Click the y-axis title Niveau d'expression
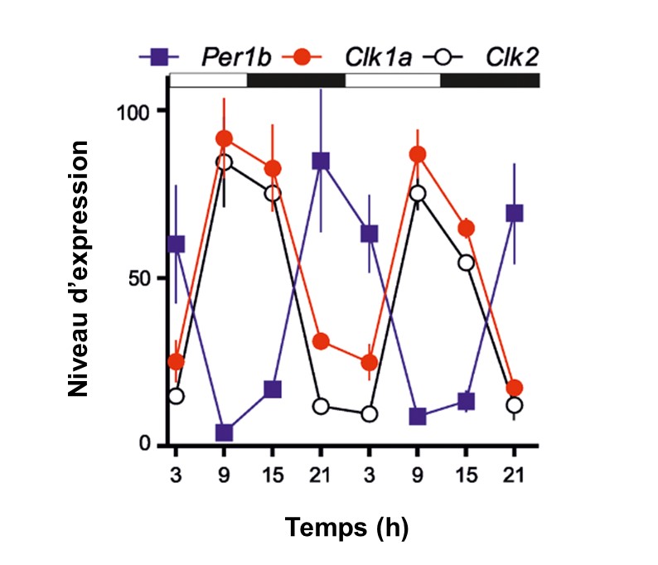pyautogui.click(x=80, y=268)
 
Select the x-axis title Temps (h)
pyautogui.click(x=347, y=527)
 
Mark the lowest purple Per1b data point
pyautogui.click(x=224, y=432)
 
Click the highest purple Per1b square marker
pyautogui.click(x=321, y=161)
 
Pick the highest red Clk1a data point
pyautogui.click(x=224, y=138)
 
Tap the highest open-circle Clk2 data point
pyautogui.click(x=224, y=162)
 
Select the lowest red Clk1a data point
pyautogui.click(x=515, y=388)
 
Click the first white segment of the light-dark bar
pyautogui.click(x=209, y=80)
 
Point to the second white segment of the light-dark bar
pyautogui.click(x=392, y=80)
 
